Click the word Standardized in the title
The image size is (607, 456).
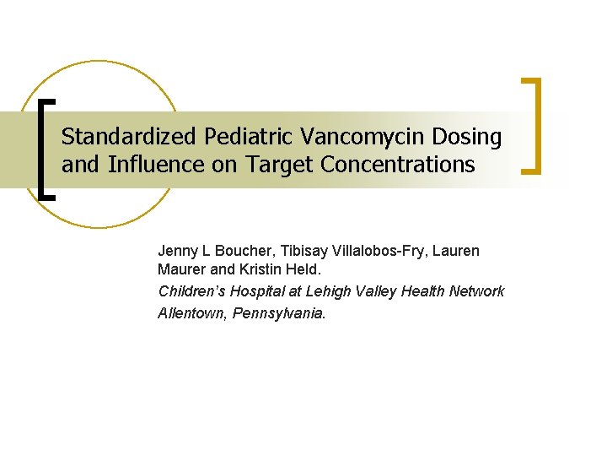click(x=120, y=136)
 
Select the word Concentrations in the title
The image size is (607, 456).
click(x=398, y=164)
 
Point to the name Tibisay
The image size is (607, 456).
click(x=305, y=252)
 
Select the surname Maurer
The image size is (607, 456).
click(x=180, y=270)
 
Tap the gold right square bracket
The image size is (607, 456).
click(x=533, y=126)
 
